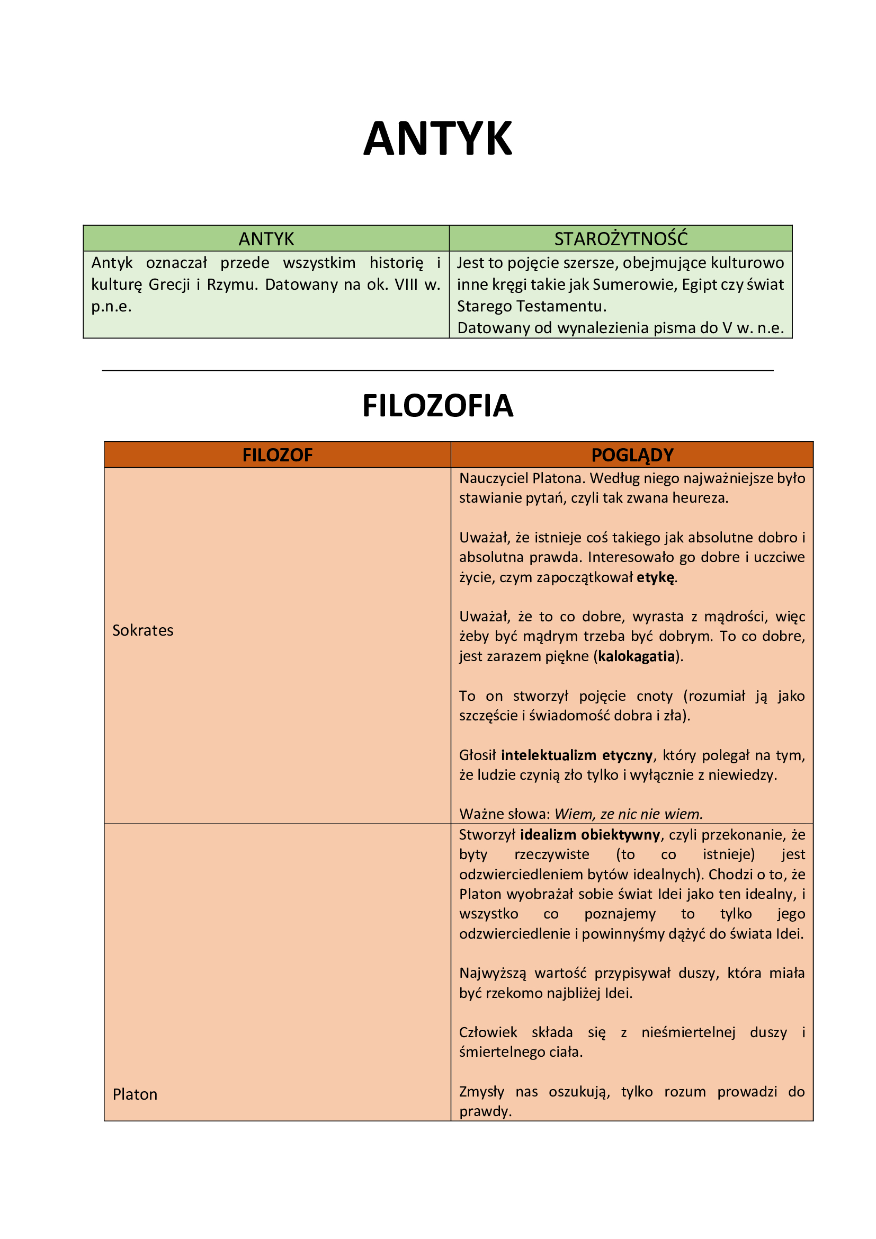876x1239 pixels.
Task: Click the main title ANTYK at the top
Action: pos(437,139)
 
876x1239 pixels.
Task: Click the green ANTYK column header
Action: pos(266,238)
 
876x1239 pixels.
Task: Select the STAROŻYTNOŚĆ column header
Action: pos(621,238)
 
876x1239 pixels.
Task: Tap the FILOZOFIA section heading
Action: pos(437,406)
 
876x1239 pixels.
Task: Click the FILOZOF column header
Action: pos(277,455)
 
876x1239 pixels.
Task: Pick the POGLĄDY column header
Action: pos(632,455)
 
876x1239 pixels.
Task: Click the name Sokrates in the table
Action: pos(143,630)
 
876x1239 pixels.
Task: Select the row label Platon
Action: pos(135,1094)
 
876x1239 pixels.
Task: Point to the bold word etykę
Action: pos(655,577)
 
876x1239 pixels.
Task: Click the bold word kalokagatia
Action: pos(637,656)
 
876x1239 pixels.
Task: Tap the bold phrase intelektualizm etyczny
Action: pos(577,755)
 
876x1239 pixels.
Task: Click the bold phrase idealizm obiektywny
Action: pos(590,835)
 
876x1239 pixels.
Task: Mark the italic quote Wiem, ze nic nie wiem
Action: pos(629,814)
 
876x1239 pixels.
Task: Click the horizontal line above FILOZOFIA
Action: pos(437,370)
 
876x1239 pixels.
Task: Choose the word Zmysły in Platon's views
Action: pos(481,1092)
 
